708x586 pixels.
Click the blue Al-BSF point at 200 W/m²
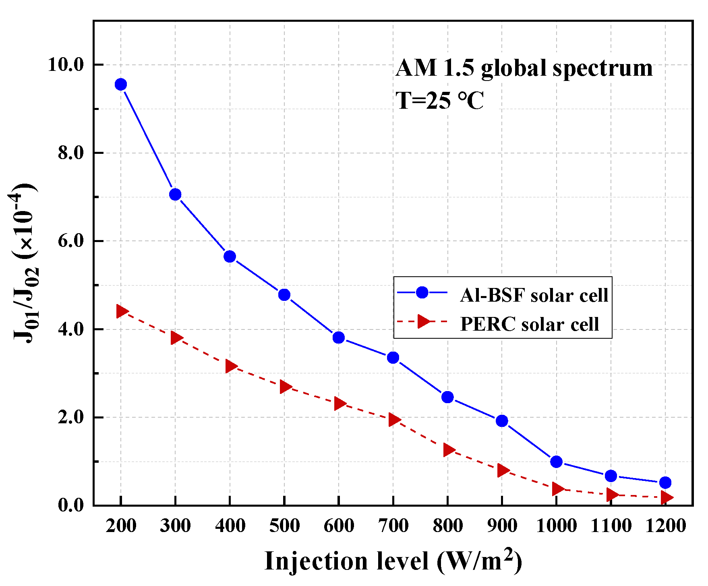[x=121, y=85]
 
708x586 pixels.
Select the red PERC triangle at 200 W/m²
[x=122, y=311]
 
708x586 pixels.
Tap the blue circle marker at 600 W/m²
[x=339, y=338]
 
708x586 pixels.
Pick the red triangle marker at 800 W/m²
[x=448, y=450]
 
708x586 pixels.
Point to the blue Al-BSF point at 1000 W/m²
[x=556, y=462]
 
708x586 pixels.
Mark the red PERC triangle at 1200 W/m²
[x=666, y=497]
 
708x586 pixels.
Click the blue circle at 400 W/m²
[x=230, y=257]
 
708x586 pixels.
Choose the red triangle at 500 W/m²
[x=285, y=387]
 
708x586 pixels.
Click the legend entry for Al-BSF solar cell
[x=534, y=295]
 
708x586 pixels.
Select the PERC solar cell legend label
[x=529, y=324]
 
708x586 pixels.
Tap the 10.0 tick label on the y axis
[x=65, y=64]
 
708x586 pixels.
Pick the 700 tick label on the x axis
[x=393, y=526]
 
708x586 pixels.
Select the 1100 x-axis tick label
[x=611, y=526]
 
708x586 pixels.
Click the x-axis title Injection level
[x=393, y=561]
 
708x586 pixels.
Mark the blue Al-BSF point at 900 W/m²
[x=502, y=421]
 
